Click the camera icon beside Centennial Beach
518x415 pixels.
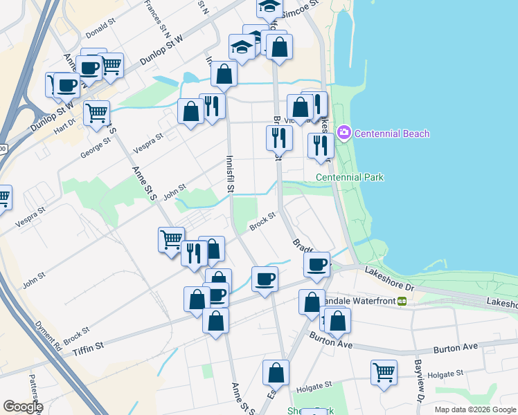tap(343, 133)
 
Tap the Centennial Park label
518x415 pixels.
tap(350, 177)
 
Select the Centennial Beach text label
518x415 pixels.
tap(393, 133)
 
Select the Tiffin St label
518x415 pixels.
tap(88, 344)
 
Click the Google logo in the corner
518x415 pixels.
tap(23, 407)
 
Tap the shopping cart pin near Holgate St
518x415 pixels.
tap(384, 372)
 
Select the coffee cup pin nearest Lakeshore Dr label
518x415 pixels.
tap(318, 264)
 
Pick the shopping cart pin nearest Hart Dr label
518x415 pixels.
tap(96, 112)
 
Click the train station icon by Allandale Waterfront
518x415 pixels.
tap(401, 301)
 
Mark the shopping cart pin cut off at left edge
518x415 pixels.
tap(3, 197)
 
